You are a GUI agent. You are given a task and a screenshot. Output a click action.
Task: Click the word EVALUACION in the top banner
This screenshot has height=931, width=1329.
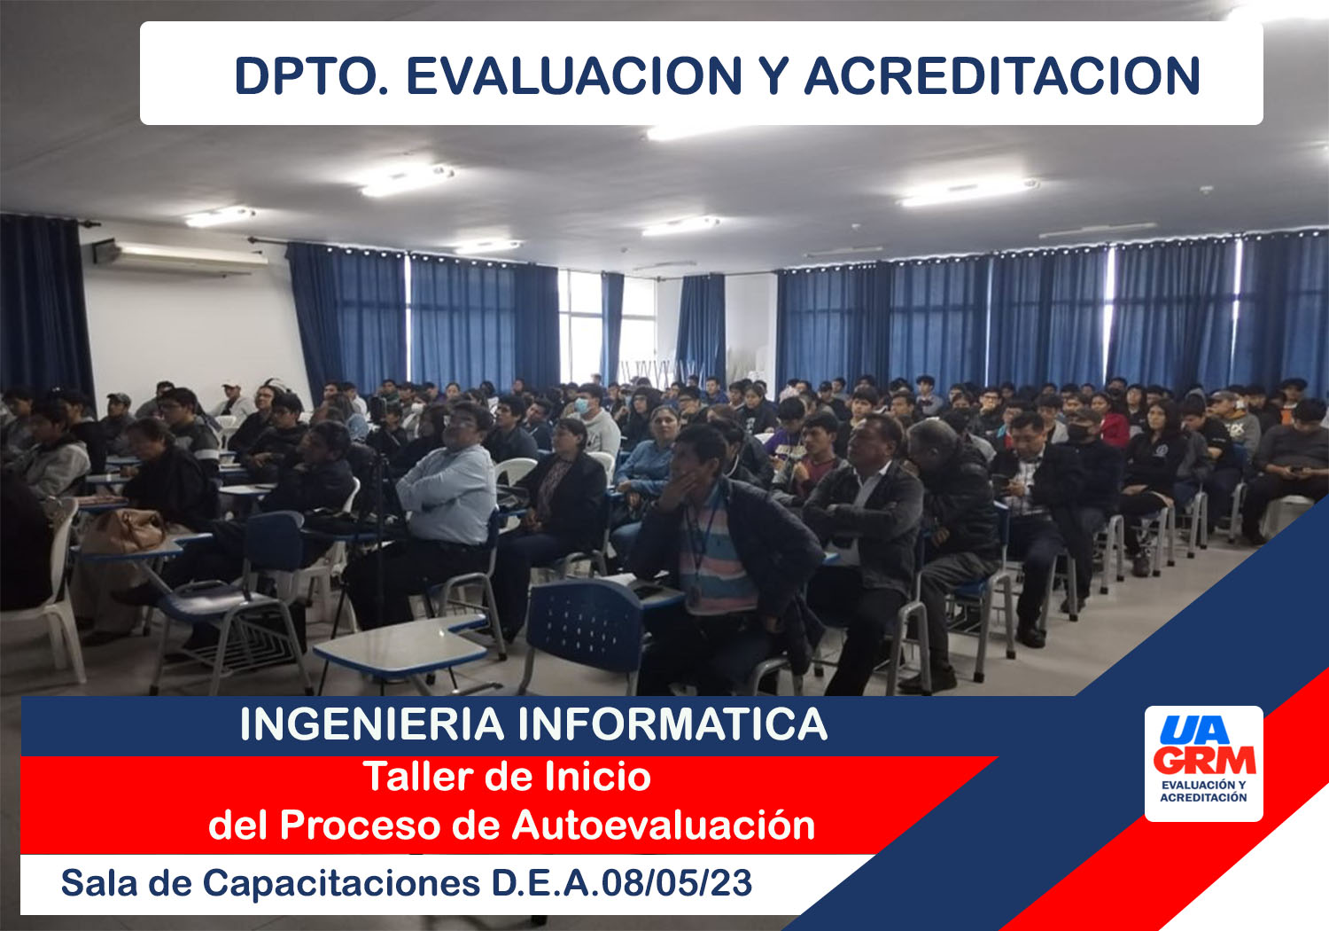(574, 76)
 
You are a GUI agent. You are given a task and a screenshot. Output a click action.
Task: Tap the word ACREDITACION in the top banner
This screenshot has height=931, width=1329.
(1002, 76)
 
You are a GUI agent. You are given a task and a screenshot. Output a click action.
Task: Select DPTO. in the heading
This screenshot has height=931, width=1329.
(312, 76)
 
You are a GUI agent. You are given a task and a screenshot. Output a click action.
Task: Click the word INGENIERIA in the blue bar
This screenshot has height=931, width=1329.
(372, 724)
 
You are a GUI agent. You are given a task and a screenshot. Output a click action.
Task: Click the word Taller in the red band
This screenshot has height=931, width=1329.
(417, 776)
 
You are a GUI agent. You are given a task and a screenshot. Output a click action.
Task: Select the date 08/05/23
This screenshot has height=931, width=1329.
(677, 883)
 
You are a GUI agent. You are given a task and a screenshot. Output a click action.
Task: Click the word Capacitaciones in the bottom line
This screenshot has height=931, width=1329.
(341, 884)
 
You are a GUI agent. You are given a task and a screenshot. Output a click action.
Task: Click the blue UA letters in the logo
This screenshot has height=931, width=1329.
(1194, 730)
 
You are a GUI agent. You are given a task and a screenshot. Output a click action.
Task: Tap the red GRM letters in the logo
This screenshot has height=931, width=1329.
(1204, 760)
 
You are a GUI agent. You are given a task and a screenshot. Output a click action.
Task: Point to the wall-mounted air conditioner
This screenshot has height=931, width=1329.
(181, 256)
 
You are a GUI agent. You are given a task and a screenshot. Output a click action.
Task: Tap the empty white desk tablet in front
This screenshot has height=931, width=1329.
(401, 648)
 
